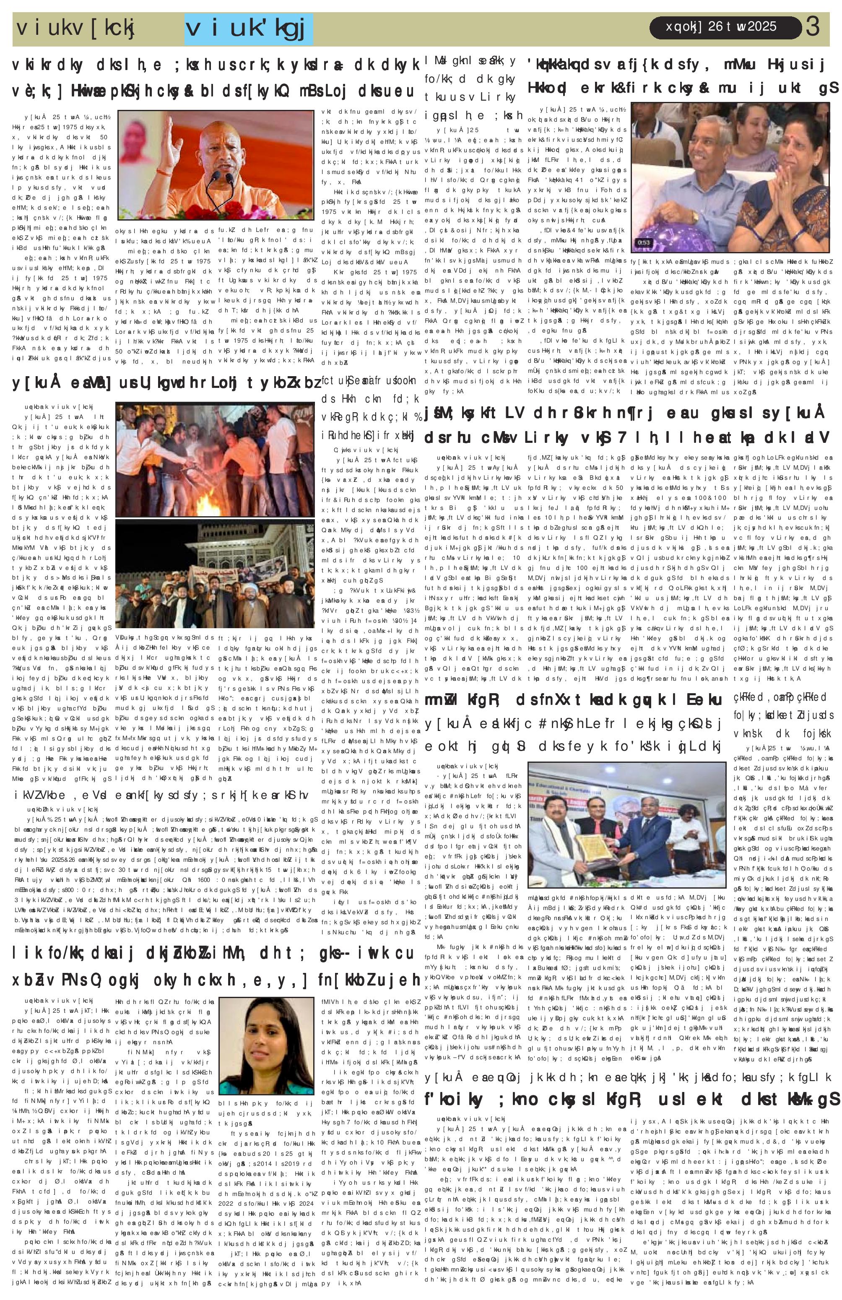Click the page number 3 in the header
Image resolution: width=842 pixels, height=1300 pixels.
813,27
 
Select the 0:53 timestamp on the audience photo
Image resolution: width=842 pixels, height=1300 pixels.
645,242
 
